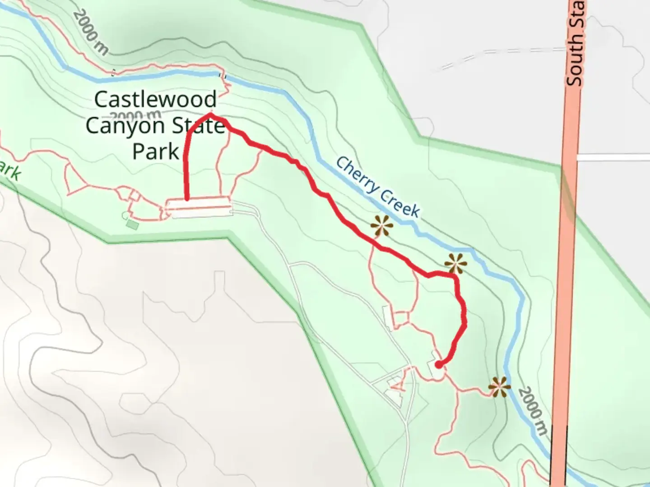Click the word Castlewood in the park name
tap(155, 100)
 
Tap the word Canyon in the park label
tap(119, 126)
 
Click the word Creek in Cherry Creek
tap(399, 203)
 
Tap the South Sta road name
tap(575, 43)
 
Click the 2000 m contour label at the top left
tap(90, 32)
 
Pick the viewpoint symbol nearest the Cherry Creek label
tap(382, 225)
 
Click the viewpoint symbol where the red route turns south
tap(455, 263)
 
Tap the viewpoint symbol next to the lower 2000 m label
tap(499, 387)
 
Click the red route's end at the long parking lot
tap(186, 198)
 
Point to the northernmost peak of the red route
tap(210, 116)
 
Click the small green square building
tap(132, 224)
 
